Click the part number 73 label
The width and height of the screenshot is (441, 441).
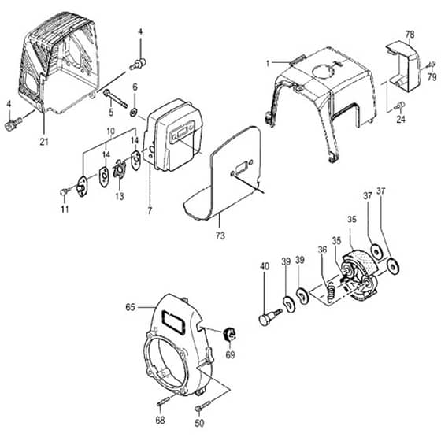pyautogui.click(x=220, y=235)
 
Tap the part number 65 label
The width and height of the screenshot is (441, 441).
pyautogui.click(x=130, y=307)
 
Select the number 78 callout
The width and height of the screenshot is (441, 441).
pyautogui.click(x=409, y=35)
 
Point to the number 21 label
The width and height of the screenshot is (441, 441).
pyautogui.click(x=44, y=142)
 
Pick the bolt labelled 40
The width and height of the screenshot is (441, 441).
pyautogui.click(x=270, y=316)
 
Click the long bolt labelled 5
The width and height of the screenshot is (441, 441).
pyautogui.click(x=116, y=98)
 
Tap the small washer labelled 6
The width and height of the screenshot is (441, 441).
pyautogui.click(x=133, y=112)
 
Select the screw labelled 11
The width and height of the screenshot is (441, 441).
pyautogui.click(x=65, y=191)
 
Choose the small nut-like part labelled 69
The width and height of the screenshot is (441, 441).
pyautogui.click(x=229, y=334)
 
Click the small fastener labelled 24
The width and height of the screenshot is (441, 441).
pyautogui.click(x=399, y=106)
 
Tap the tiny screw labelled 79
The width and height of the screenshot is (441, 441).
pyautogui.click(x=429, y=65)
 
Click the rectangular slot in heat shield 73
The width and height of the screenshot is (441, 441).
pyautogui.click(x=241, y=168)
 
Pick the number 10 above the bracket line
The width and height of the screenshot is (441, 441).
pyautogui.click(x=111, y=131)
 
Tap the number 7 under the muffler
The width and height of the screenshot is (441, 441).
pyautogui.click(x=150, y=210)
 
